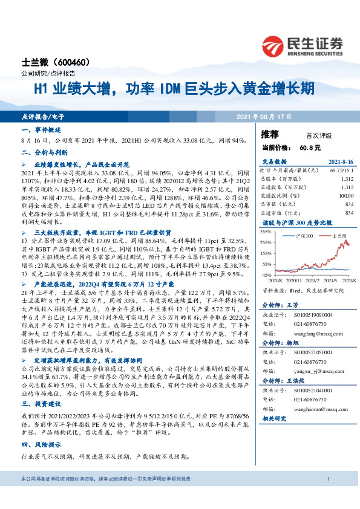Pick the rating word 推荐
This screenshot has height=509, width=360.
point(270,134)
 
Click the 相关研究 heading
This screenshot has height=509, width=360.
point(274,418)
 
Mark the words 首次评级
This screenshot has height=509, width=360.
point(319,135)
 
